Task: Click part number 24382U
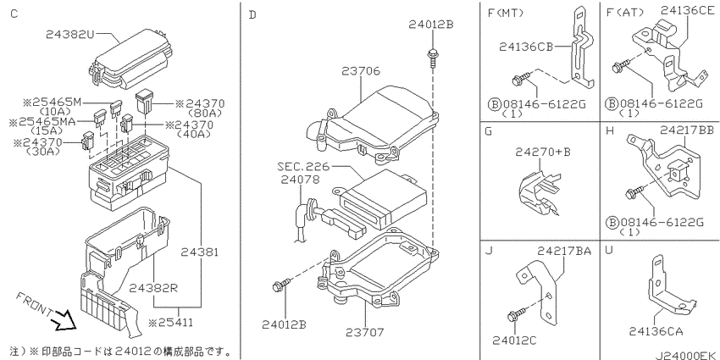click(70, 35)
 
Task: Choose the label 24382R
click(153, 288)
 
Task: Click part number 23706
click(361, 71)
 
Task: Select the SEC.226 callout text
click(303, 166)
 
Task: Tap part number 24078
click(301, 180)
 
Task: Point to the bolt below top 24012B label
click(432, 57)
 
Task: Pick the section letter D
click(252, 15)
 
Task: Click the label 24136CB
click(526, 47)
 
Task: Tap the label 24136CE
click(688, 10)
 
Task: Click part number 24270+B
click(543, 151)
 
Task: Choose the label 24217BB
click(687, 130)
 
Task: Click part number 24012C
click(514, 341)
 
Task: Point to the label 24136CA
click(656, 331)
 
